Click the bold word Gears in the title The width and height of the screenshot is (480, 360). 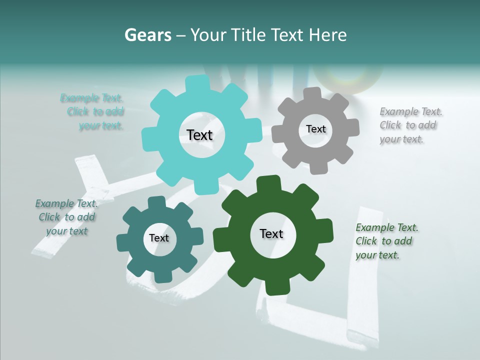point(147,35)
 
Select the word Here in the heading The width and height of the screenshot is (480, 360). point(328,35)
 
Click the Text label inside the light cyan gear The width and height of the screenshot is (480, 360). point(199,135)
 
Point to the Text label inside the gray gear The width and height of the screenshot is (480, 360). point(315,129)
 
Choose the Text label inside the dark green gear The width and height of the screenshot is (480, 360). point(271,233)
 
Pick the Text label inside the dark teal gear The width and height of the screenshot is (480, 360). point(159,238)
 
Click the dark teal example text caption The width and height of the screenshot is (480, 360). point(66,217)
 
